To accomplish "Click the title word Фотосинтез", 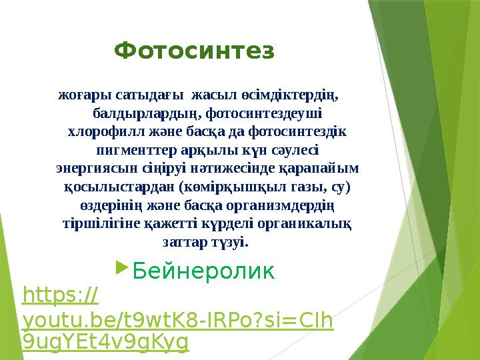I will (x=194, y=51).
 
